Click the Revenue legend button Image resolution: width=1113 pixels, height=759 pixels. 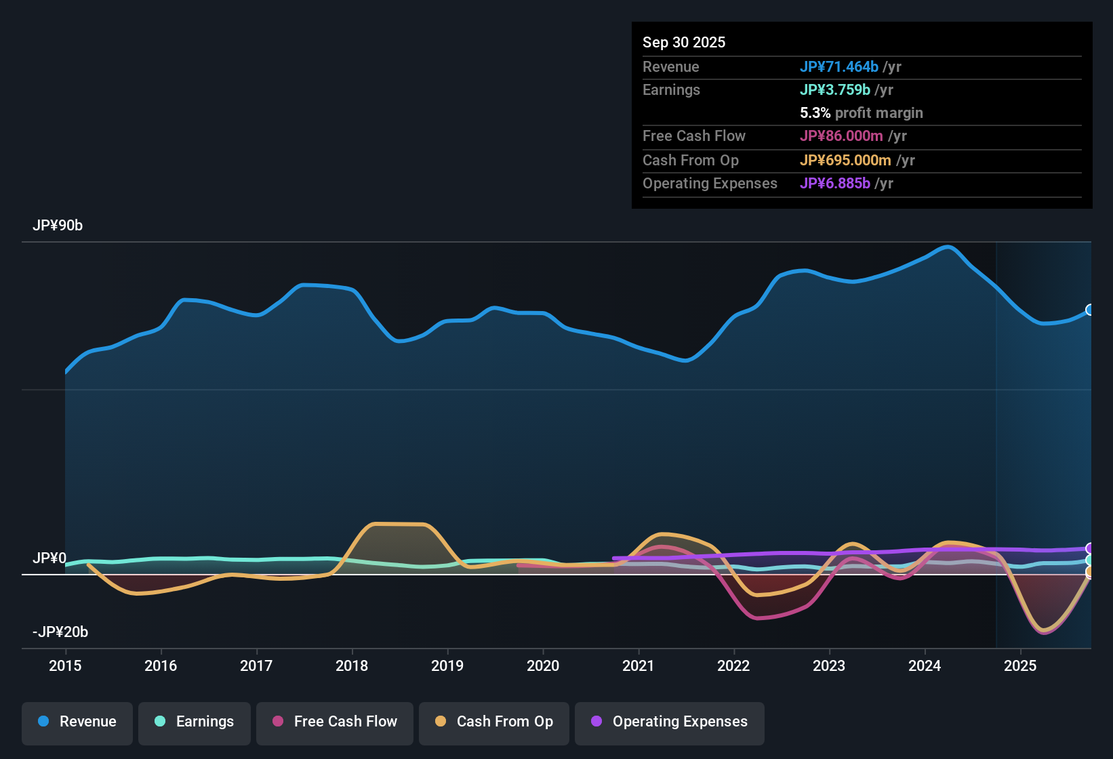[x=77, y=722]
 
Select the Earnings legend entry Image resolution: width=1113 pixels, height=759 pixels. [x=195, y=722]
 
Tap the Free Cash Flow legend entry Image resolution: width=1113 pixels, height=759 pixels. [x=335, y=722]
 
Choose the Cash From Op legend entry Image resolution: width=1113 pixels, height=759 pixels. [x=494, y=722]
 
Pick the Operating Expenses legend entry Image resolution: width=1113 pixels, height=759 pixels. [x=670, y=722]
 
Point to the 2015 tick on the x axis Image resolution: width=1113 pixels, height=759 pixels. [x=65, y=665]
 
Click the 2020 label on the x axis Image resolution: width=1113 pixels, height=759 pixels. [x=543, y=665]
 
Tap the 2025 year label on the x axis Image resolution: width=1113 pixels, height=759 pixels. [x=1020, y=665]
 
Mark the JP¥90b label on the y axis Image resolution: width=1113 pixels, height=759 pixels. [x=58, y=226]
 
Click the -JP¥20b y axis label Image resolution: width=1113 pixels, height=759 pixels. [x=60, y=632]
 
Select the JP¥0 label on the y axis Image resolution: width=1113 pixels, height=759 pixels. [x=49, y=558]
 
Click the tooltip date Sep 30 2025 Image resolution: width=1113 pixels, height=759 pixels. [x=683, y=42]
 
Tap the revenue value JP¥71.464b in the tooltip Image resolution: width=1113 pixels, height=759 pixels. [x=838, y=66]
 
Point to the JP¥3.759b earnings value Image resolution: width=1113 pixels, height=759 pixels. [x=834, y=89]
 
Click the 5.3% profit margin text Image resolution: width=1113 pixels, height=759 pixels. [x=861, y=112]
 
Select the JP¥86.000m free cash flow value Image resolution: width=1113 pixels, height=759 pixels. [x=841, y=136]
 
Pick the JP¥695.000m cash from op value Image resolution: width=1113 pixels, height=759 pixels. [x=845, y=160]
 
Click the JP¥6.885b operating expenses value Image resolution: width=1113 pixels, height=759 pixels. [x=834, y=183]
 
